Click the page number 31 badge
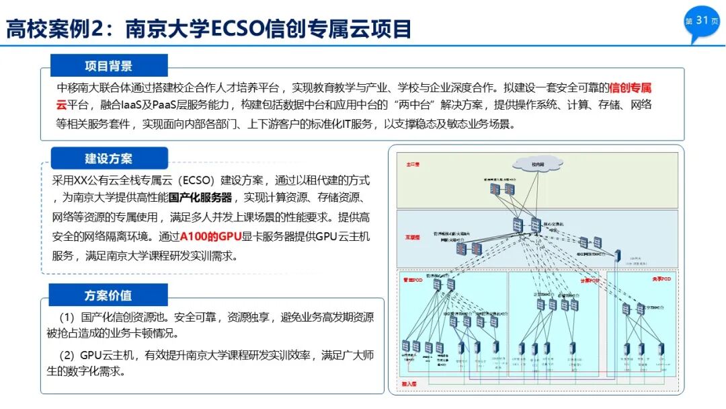(701, 21)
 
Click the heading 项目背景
(108, 65)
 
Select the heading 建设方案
(108, 159)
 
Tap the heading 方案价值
(108, 295)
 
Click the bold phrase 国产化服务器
(200, 198)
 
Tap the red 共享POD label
(661, 278)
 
